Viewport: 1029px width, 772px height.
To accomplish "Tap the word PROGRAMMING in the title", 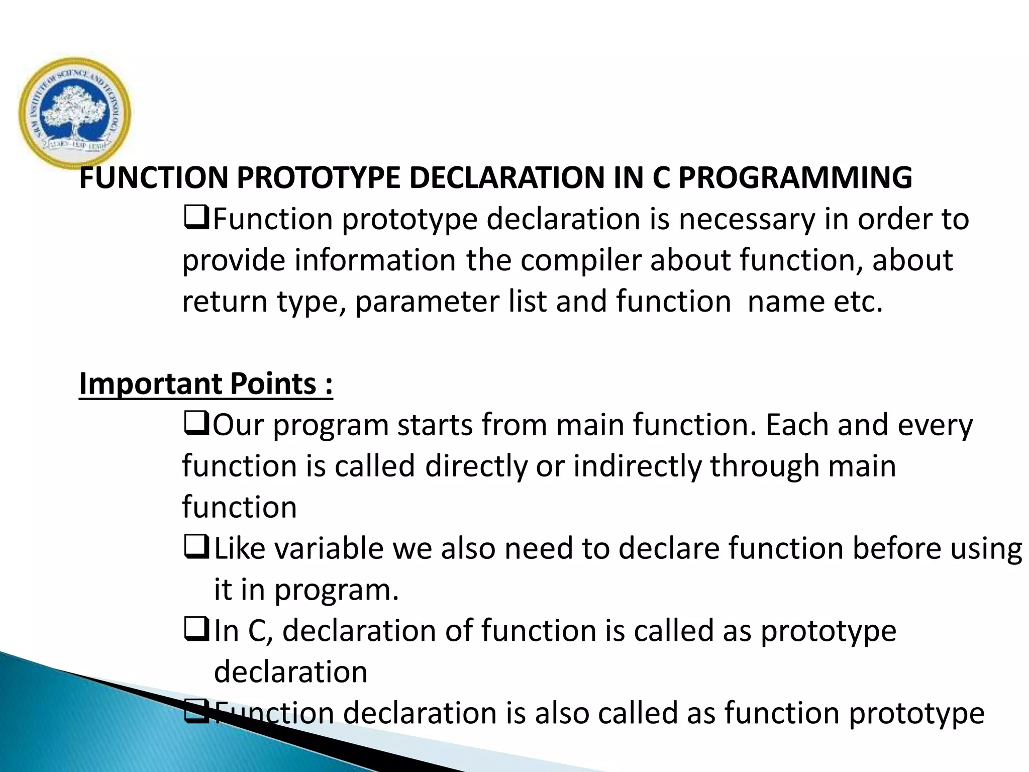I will (795, 178).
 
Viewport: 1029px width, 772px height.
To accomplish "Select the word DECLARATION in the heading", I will (508, 178).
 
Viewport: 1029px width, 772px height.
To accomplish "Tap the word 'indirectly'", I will (637, 466).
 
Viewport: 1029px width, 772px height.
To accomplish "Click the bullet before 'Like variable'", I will (196, 548).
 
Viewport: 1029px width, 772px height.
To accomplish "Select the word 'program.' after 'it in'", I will (336, 591).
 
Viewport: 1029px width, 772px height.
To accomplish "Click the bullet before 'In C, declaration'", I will (196, 631).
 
